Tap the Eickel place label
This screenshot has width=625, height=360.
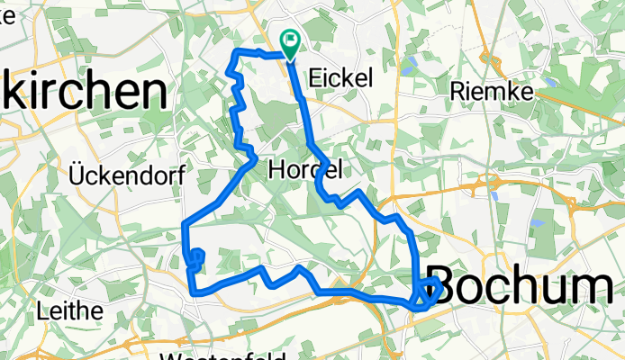pyautogui.click(x=340, y=79)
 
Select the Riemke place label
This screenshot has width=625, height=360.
pyautogui.click(x=491, y=91)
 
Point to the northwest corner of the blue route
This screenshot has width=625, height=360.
pyautogui.click(x=236, y=55)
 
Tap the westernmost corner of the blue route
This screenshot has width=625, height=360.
pyautogui.click(x=184, y=224)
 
